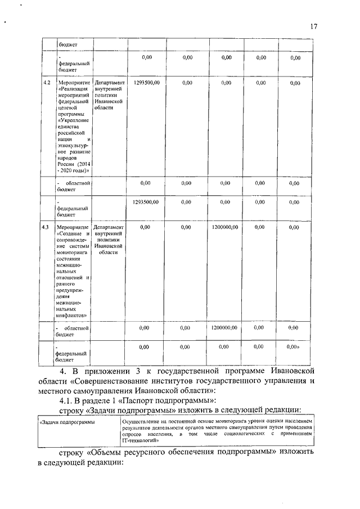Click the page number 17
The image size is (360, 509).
[313, 26]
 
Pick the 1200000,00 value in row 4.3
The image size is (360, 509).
[224, 227]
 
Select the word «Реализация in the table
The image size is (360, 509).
[73, 90]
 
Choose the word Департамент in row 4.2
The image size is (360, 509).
[109, 83]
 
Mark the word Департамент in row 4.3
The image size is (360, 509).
[109, 227]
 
